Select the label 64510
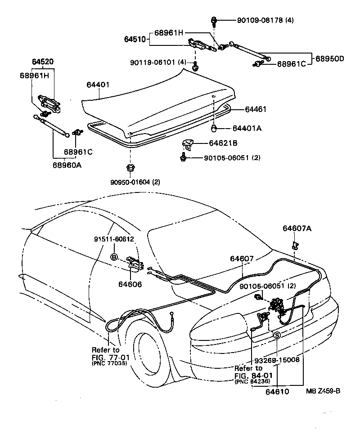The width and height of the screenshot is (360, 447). point(135,40)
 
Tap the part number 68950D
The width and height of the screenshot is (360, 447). point(329,59)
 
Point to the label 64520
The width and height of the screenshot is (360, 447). point(43,61)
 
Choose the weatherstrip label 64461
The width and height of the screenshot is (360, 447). point(256,109)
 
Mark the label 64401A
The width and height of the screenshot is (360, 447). point(247,128)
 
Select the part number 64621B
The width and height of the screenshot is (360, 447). point(223,143)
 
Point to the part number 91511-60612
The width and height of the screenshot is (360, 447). point(114,239)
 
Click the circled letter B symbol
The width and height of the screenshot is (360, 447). point(114,257)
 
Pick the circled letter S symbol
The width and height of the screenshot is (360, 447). point(277,335)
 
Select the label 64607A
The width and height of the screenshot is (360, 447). point(297,228)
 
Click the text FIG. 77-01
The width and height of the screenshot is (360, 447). point(110,358)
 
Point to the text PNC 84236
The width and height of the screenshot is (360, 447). point(252,381)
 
